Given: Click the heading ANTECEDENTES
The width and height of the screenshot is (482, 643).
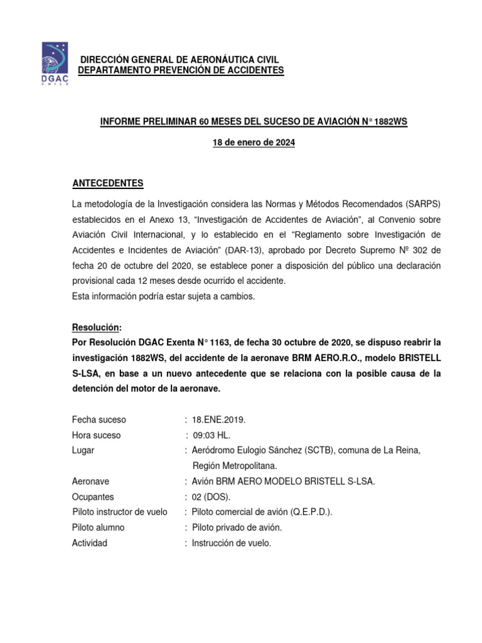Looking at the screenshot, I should tap(108, 183).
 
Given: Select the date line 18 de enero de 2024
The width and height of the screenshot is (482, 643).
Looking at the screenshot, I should tap(254, 143).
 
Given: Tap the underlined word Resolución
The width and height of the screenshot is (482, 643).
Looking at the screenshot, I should tap(97, 328).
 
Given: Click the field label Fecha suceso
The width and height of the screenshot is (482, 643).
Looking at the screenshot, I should tap(99, 419).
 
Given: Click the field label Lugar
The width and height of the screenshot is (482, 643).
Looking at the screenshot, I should tap(83, 450).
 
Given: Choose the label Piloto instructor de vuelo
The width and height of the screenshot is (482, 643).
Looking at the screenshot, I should tap(120, 512).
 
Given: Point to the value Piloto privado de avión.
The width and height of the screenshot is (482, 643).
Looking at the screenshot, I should tap(237, 527).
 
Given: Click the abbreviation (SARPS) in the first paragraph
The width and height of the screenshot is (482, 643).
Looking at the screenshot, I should tap(422, 205).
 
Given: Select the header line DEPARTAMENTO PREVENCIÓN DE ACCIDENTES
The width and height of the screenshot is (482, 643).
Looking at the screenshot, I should tap(181, 70).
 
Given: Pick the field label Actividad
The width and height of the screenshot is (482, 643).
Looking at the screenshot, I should tap(90, 543).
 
